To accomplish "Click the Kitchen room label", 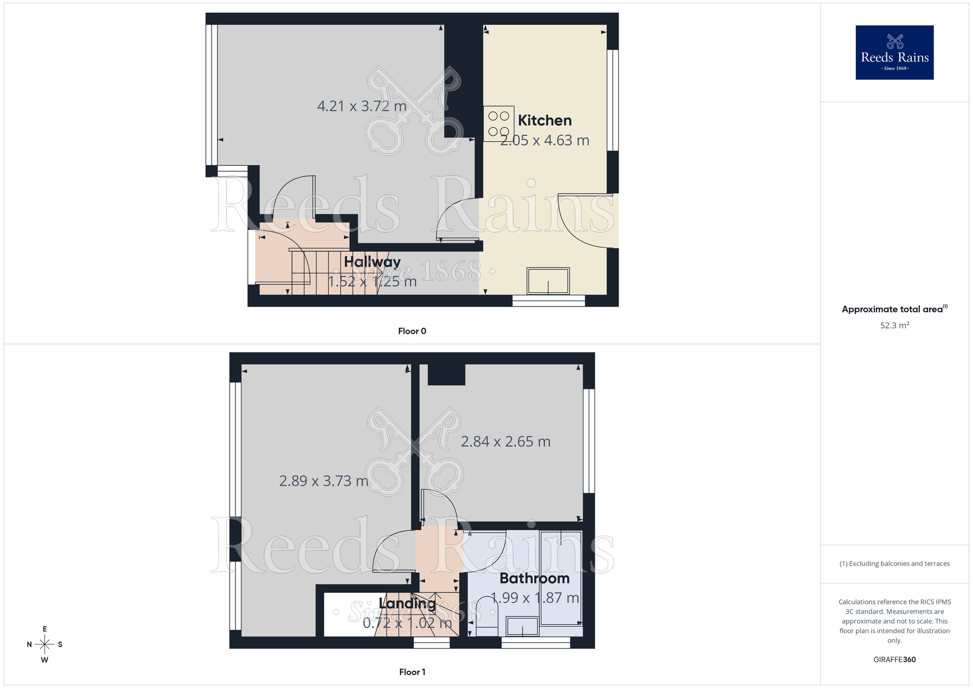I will [544, 120].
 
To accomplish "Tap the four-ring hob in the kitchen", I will [498, 124].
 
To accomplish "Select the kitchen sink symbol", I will [548, 281].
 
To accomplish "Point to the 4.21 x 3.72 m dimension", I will [361, 106].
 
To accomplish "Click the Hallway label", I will [372, 262].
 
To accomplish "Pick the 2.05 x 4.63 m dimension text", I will [545, 141].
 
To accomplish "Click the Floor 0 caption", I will [412, 331].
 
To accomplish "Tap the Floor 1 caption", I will [412, 672].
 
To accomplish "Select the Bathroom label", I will [534, 578].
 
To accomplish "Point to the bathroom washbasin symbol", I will [523, 626].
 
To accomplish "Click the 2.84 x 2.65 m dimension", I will [505, 442].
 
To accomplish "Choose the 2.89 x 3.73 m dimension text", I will [324, 481].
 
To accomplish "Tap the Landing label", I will [407, 603].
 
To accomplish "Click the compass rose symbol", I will [45, 645].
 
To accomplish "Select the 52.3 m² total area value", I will [894, 326].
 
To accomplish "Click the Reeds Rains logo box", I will [894, 53].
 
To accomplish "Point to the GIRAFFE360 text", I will [894, 660].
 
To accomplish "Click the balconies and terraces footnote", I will [894, 564].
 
